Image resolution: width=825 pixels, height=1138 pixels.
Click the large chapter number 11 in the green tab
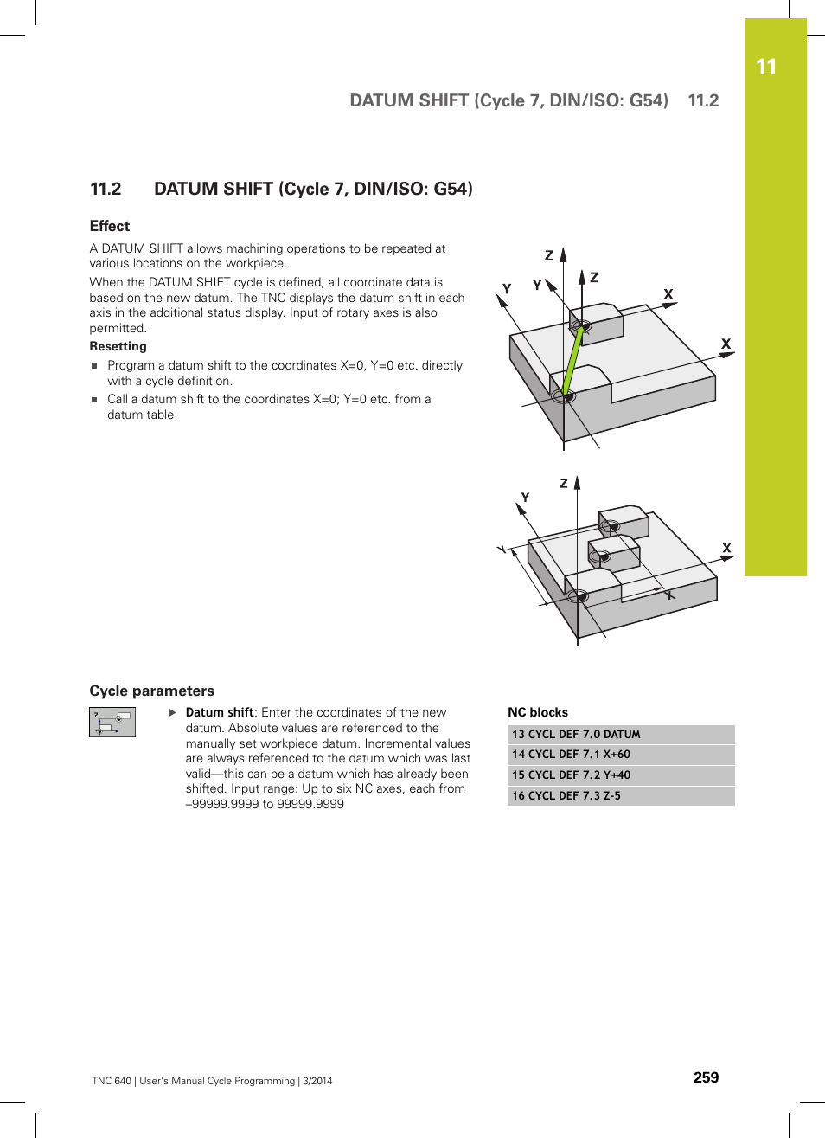766,68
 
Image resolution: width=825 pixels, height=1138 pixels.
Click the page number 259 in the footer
706,1077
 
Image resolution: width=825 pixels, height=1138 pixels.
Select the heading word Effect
110,226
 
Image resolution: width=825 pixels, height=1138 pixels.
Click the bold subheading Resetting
118,346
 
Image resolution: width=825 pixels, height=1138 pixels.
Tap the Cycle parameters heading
152,691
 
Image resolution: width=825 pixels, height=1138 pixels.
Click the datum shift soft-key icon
112,722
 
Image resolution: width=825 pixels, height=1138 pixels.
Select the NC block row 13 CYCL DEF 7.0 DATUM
621,734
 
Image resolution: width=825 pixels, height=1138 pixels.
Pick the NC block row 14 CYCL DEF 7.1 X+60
621,755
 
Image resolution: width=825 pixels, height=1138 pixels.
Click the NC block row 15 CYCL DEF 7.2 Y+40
621,775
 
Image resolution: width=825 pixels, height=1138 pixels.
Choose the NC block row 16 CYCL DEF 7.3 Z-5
621,796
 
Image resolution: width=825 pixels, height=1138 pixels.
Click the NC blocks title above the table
538,712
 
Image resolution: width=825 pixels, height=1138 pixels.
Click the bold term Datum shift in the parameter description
220,712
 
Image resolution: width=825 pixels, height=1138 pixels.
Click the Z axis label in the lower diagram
564,484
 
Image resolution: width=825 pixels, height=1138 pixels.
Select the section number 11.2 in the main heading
106,189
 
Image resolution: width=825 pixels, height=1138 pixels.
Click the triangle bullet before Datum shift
173,713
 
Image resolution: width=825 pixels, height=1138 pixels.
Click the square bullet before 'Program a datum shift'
95,366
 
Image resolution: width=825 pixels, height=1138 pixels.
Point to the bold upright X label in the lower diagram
726,548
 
